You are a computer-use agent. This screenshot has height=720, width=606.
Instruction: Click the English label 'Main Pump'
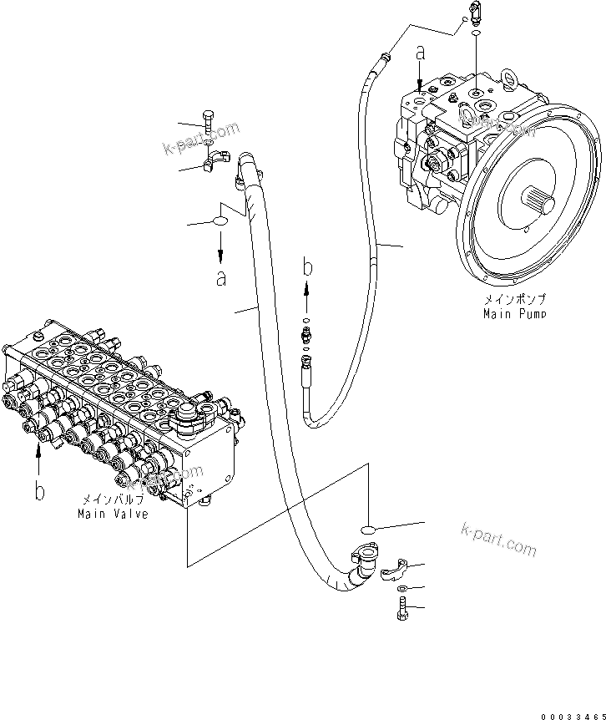515,313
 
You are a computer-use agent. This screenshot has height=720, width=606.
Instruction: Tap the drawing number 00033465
572,716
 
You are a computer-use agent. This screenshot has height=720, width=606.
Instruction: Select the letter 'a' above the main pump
421,53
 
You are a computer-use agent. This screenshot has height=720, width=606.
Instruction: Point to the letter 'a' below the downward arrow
220,279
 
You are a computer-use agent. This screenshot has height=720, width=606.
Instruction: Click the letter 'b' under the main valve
38,490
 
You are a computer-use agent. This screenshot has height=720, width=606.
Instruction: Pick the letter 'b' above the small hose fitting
308,268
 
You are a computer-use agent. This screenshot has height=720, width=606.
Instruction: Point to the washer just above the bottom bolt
401,589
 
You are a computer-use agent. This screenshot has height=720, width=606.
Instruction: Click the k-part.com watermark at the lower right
498,539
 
